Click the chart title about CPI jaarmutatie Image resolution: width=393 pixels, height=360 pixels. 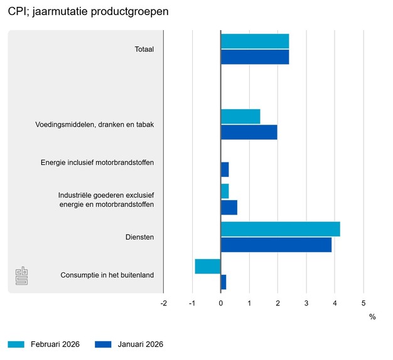pyautogui.click(x=88, y=12)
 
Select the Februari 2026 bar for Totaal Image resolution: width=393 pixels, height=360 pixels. pyautogui.click(x=255, y=41)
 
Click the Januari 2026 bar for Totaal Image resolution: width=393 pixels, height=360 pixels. pyautogui.click(x=255, y=57)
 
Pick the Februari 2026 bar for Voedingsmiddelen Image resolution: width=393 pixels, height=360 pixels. pyautogui.click(x=240, y=117)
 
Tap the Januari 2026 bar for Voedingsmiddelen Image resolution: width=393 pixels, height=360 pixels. pyautogui.click(x=249, y=132)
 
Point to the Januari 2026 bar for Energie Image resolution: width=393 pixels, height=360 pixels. pyautogui.click(x=225, y=170)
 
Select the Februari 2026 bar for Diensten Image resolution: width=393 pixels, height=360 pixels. pyautogui.click(x=281, y=229)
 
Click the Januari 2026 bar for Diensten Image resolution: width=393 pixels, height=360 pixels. pyautogui.click(x=276, y=245)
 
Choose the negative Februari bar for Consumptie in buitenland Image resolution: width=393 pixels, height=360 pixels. pyautogui.click(x=208, y=267)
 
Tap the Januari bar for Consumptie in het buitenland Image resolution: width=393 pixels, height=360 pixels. pyautogui.click(x=223, y=282)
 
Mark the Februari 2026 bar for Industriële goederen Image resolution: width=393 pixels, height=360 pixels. pyautogui.click(x=225, y=191)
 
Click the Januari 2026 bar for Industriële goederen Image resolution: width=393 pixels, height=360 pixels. pyautogui.click(x=229, y=207)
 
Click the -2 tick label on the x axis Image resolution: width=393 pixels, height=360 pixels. pyautogui.click(x=164, y=304)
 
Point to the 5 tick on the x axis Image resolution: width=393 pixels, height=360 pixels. pyautogui.click(x=363, y=304)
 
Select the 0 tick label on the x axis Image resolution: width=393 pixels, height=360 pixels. pyautogui.click(x=221, y=304)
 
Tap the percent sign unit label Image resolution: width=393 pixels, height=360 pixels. pyautogui.click(x=372, y=317)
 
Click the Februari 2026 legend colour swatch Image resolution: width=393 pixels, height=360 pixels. pyautogui.click(x=16, y=344)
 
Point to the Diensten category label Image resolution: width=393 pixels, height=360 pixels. pyautogui.click(x=140, y=237)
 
